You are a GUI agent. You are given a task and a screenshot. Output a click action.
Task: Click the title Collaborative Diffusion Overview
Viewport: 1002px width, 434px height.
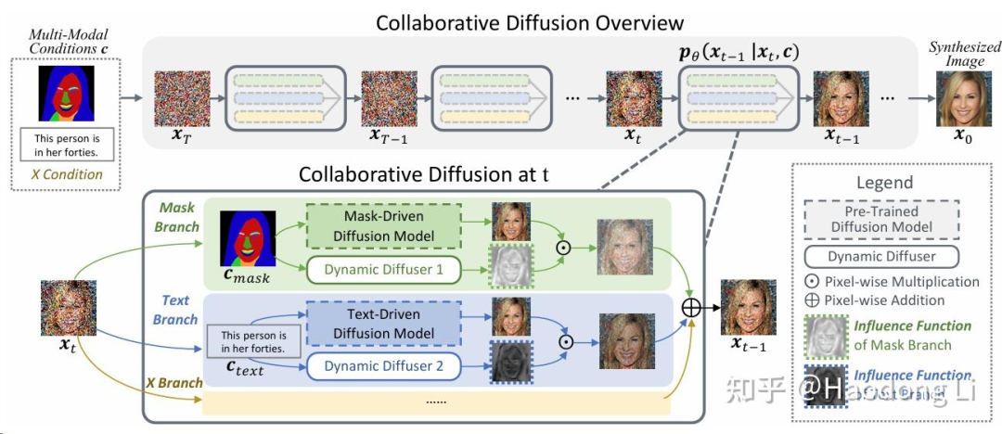(x=530, y=22)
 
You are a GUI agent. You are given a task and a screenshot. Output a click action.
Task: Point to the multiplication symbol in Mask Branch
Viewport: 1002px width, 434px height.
(x=562, y=249)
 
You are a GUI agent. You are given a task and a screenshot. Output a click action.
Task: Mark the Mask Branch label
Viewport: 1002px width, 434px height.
(x=177, y=217)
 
